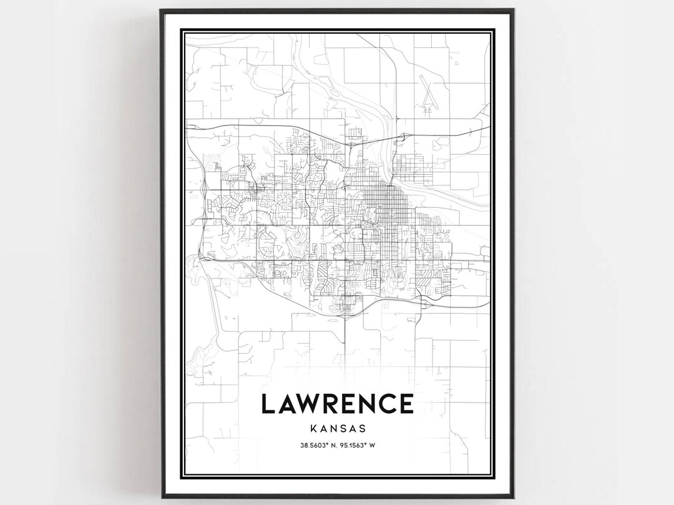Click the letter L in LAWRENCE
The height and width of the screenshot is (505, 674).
click(270, 404)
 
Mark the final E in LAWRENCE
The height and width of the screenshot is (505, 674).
click(408, 404)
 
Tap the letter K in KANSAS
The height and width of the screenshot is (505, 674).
click(312, 429)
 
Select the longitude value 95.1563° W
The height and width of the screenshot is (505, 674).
click(359, 445)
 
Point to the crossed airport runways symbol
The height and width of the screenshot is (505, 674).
click(427, 94)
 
